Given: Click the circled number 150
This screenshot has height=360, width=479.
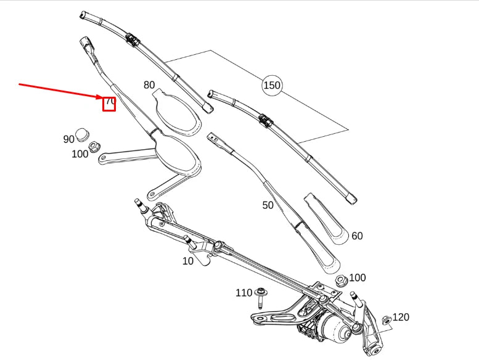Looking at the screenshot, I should (x=272, y=85).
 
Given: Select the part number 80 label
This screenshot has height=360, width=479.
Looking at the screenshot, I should (x=149, y=85).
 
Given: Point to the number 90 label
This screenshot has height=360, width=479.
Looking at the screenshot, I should (x=68, y=139).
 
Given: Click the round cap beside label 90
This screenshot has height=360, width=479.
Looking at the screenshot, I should (x=83, y=135).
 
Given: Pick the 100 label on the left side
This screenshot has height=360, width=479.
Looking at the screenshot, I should (x=80, y=154).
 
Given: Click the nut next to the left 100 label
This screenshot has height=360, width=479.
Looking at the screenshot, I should (x=95, y=147).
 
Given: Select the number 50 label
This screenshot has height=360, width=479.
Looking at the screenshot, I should (x=268, y=205).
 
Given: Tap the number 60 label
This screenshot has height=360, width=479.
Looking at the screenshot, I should (x=357, y=235).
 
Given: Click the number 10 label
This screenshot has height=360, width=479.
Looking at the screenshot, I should (x=188, y=261).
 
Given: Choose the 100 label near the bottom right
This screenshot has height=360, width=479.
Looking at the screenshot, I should (x=357, y=279).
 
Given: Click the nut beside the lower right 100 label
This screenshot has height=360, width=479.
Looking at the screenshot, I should (x=340, y=282).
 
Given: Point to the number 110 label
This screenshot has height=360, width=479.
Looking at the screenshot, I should (x=244, y=293).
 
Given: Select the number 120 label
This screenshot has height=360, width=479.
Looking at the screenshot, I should (x=401, y=317).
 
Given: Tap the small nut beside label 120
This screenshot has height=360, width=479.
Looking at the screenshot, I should (x=386, y=319).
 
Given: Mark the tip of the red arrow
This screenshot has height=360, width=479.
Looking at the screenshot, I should (x=104, y=97).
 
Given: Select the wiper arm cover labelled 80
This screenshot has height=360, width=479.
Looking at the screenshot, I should (x=179, y=114).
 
